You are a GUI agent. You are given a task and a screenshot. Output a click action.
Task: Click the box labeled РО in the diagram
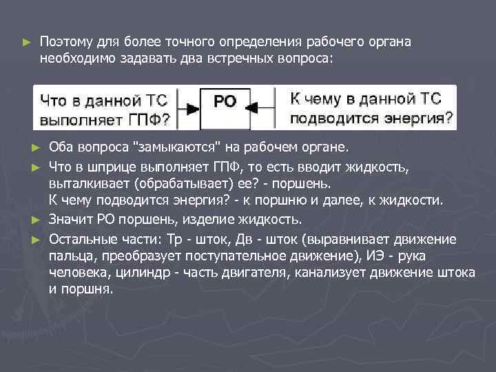click(225, 102)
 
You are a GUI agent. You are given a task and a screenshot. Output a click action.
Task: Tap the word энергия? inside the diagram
click(420, 118)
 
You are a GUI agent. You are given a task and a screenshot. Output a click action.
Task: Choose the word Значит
click(70, 220)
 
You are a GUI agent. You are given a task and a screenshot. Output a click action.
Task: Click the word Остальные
click(81, 238)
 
